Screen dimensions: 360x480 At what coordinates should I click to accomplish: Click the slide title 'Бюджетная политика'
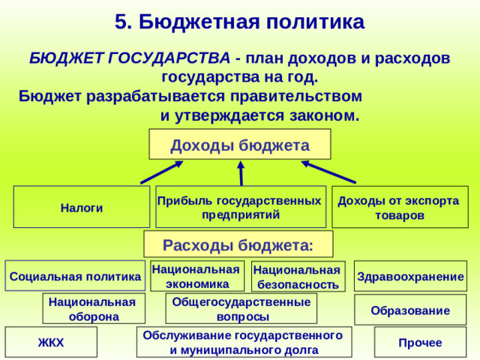coord(240,21)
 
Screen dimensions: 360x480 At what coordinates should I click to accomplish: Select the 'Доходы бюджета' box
coord(240,145)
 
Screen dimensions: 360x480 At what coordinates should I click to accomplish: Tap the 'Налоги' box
coord(82,207)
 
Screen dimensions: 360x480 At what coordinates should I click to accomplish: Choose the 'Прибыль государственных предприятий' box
coord(240,207)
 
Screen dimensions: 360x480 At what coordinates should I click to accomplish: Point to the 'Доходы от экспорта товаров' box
coord(400,207)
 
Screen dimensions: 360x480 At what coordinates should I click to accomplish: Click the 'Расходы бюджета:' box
coord(238,244)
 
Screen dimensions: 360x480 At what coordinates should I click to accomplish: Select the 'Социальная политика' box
coord(74,276)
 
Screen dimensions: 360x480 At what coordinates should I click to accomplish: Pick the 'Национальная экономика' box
coord(197,276)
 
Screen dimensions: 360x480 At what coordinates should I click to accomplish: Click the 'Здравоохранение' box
coord(410,276)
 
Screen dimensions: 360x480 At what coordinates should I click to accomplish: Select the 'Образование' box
coord(410,310)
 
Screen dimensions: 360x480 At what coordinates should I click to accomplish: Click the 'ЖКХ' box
coord(51,342)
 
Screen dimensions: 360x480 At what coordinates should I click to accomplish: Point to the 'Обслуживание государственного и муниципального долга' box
coord(243,342)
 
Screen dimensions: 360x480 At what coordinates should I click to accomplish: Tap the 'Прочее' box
coord(420,342)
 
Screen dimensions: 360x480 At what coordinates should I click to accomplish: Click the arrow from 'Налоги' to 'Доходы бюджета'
coord(162,172)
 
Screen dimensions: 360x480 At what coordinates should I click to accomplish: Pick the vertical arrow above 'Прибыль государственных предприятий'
coord(241,173)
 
